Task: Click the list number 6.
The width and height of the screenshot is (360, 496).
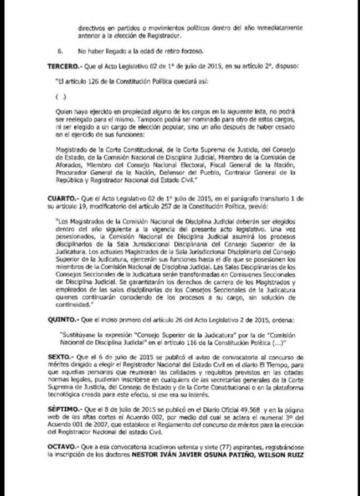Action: [59, 51]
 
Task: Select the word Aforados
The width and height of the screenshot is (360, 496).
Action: [70, 165]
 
